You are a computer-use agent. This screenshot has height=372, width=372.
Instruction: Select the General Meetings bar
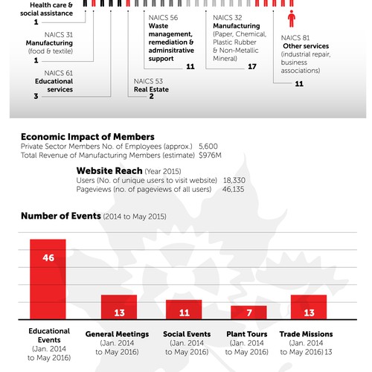point(119,307)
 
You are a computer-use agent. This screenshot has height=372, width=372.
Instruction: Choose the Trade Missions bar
point(308,307)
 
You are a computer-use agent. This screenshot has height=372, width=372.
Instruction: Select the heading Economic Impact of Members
point(87,137)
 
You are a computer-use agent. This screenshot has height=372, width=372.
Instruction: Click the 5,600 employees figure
point(209,147)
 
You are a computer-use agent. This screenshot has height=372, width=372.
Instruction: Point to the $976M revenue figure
point(211,155)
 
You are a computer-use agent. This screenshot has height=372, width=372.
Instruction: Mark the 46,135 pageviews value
point(234,190)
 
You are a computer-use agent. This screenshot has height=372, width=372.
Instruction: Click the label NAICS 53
point(148,80)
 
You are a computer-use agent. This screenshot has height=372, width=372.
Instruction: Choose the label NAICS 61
point(59,73)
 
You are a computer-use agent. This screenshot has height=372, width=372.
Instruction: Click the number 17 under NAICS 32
point(251,66)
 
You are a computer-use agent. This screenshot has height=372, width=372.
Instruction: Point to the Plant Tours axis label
point(248,334)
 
